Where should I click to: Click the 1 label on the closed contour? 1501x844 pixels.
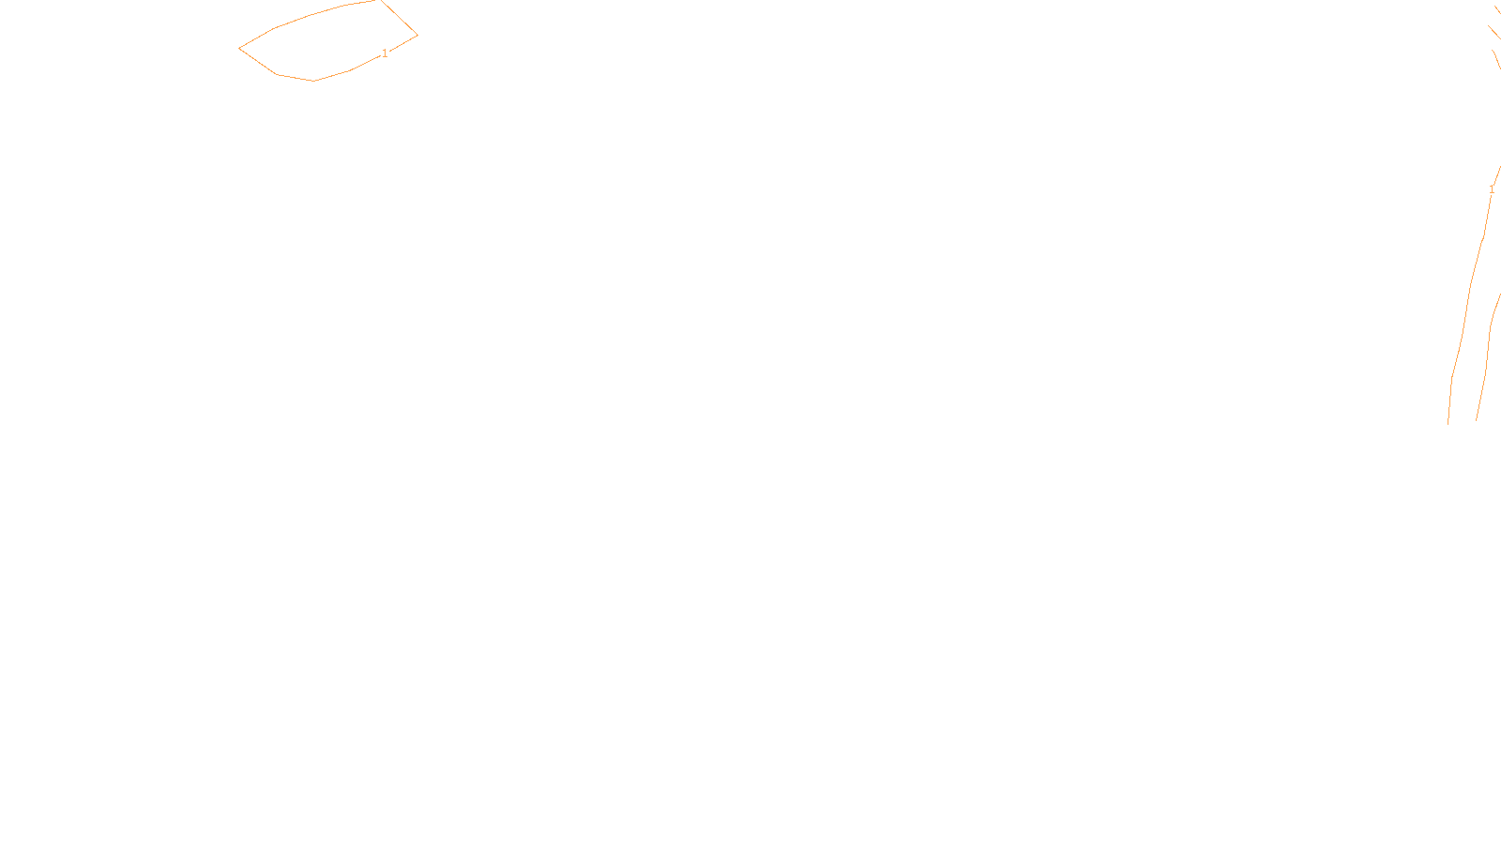coord(385,53)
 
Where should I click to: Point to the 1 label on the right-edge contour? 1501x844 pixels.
coord(1492,189)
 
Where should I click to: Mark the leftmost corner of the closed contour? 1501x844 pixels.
coord(240,48)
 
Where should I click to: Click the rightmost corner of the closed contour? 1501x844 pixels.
coord(417,36)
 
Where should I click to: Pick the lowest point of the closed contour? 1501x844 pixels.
coord(314,81)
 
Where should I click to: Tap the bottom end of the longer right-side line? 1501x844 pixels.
coord(1448,424)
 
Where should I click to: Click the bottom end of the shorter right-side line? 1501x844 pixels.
coord(1477,419)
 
